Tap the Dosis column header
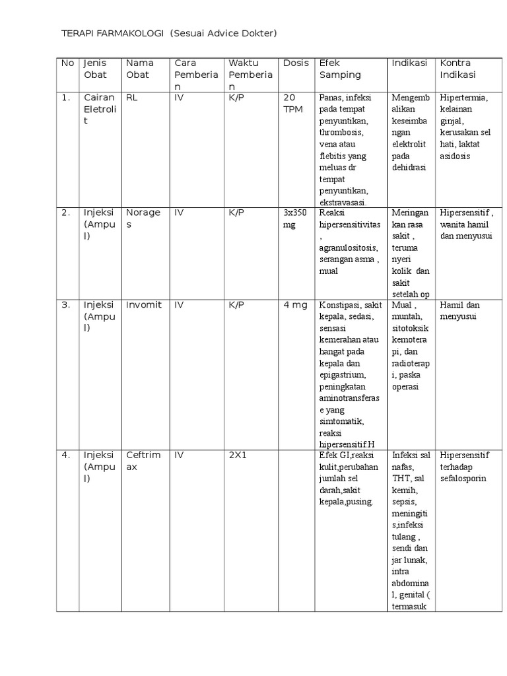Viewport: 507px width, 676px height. (x=296, y=63)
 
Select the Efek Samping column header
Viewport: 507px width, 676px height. (x=340, y=69)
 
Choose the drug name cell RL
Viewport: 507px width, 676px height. (x=131, y=98)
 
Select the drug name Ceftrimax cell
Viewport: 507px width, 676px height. (x=143, y=461)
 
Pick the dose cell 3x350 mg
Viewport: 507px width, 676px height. (x=296, y=219)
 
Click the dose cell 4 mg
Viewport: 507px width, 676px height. (x=295, y=305)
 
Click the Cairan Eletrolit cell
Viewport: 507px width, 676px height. (x=99, y=109)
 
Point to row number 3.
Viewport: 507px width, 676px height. (x=66, y=305)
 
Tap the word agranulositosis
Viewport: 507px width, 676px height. (x=348, y=248)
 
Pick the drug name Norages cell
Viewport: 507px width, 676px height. (x=143, y=219)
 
